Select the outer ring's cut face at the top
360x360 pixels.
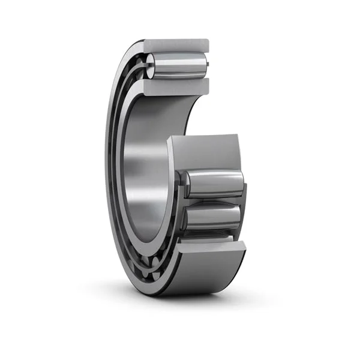coord(177,45)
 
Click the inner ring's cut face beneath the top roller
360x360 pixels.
coord(177,88)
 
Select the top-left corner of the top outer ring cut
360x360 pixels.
coord(145,41)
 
